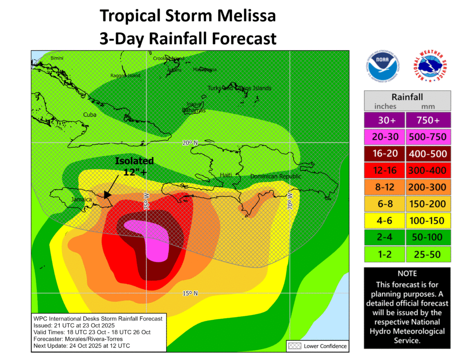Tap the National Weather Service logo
(x=429, y=67)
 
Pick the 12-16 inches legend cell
(x=385, y=170)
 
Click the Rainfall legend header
(x=407, y=97)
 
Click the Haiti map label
(x=226, y=175)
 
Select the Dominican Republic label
(x=276, y=176)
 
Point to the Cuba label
(x=90, y=115)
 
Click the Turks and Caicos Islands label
(x=239, y=88)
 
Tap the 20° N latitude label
(x=190, y=143)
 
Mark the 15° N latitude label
(x=190, y=293)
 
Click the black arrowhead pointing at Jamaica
(x=107, y=194)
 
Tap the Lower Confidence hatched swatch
(x=294, y=346)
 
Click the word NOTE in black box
(x=407, y=274)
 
